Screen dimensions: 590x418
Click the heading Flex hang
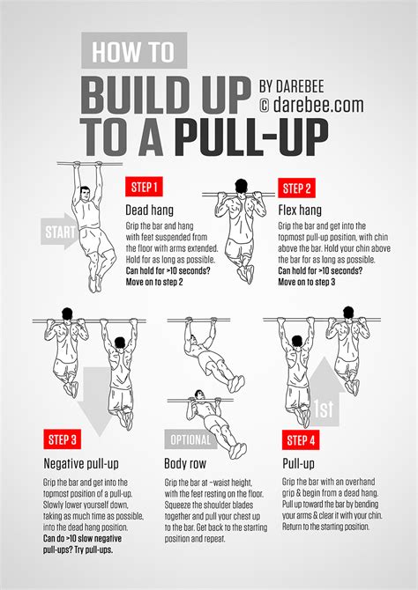pyautogui.click(x=300, y=210)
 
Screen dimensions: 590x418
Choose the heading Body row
pyautogui.click(x=188, y=463)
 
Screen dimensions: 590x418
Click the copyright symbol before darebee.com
pyautogui.click(x=265, y=106)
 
